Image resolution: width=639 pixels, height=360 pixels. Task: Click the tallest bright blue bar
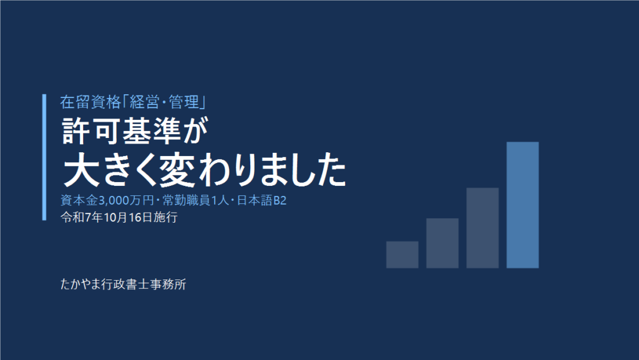click(522, 205)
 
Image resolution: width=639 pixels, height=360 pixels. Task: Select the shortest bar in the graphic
click(402, 255)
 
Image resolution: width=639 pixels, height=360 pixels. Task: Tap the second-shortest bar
click(442, 243)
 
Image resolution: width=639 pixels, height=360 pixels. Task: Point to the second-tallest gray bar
click(482, 228)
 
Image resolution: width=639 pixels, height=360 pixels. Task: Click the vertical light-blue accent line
click(44, 157)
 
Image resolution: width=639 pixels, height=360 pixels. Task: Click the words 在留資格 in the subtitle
click(90, 102)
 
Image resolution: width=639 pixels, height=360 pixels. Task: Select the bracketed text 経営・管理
click(164, 102)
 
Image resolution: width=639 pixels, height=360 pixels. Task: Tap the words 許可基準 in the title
click(121, 131)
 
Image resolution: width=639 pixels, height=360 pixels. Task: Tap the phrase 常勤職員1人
click(195, 200)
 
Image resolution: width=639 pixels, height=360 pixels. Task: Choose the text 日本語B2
click(261, 200)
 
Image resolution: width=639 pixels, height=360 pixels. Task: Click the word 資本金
click(79, 200)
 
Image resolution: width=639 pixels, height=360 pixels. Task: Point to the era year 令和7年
click(81, 217)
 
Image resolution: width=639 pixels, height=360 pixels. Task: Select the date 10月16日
click(128, 217)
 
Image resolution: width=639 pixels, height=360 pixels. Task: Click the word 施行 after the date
click(165, 217)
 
